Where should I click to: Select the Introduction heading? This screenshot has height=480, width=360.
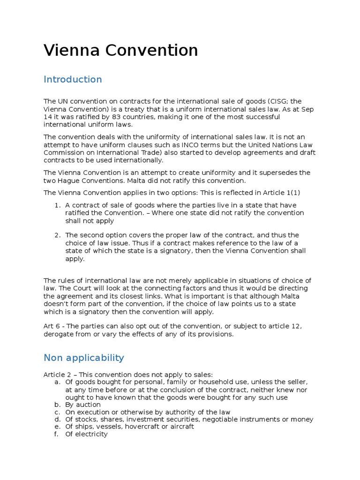click(73, 79)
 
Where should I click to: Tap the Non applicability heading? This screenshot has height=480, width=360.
click(83, 358)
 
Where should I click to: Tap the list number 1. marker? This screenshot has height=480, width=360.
click(57, 205)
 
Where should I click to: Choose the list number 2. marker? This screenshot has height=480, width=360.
click(57, 235)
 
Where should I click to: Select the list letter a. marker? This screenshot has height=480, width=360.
click(58, 382)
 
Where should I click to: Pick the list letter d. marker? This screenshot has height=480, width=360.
click(58, 419)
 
